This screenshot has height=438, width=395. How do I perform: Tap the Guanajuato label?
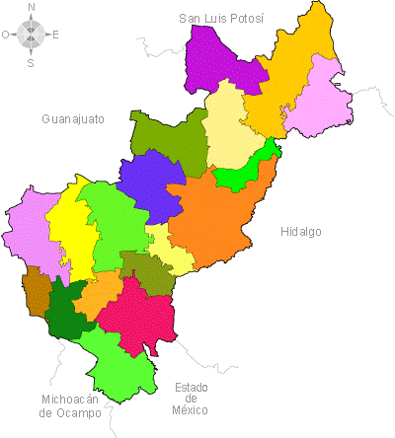(73, 119)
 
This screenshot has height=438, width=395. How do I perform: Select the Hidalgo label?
(301, 232)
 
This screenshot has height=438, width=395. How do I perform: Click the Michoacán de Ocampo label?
(71, 406)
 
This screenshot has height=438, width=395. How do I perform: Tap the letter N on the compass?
(32, 7)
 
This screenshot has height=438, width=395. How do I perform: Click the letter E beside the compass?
(55, 35)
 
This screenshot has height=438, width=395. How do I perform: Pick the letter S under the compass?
(31, 62)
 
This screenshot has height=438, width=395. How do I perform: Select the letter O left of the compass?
(6, 35)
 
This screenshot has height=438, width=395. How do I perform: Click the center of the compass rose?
(31, 35)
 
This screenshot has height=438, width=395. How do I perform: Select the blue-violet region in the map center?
(152, 184)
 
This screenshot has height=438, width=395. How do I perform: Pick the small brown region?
(37, 291)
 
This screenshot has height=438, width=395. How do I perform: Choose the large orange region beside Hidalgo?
(222, 217)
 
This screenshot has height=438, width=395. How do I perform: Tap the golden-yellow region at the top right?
(296, 59)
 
